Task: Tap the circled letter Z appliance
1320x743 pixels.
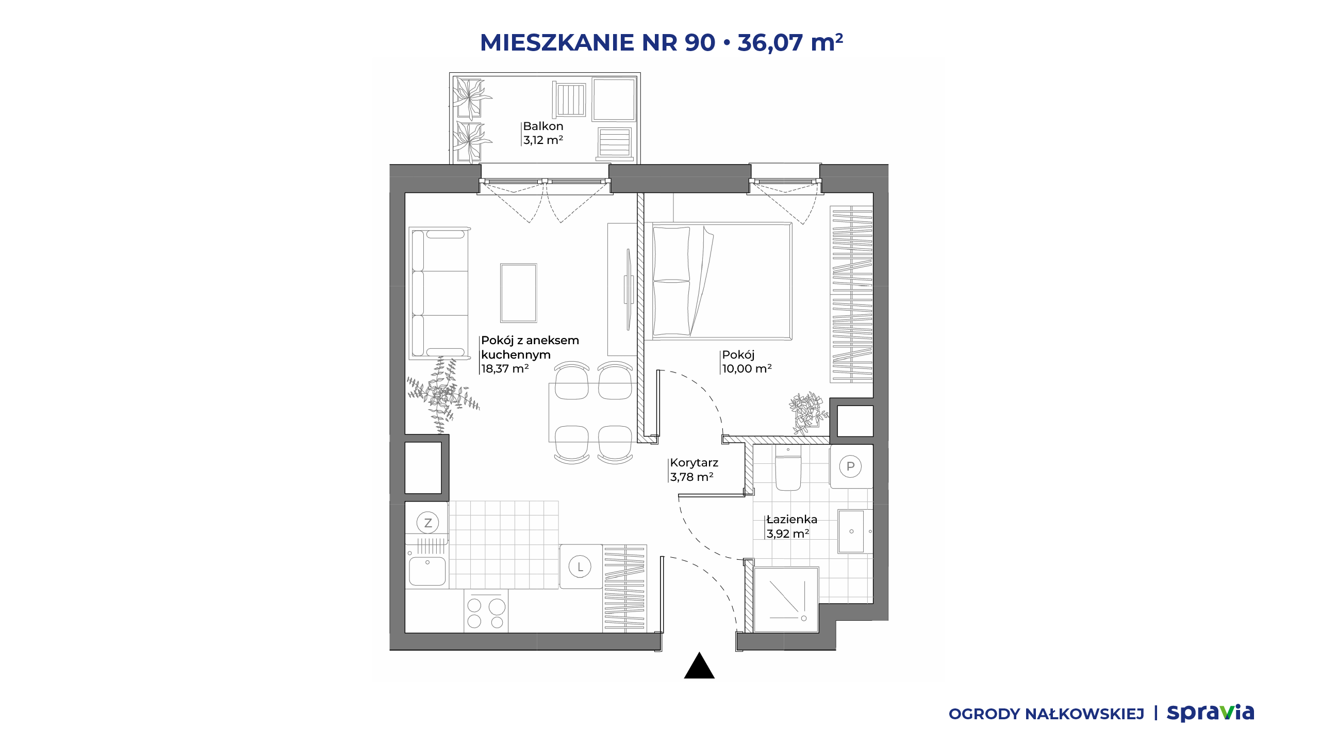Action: [x=427, y=523]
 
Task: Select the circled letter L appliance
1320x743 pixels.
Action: [x=580, y=567]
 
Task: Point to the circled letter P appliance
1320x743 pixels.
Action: [x=850, y=466]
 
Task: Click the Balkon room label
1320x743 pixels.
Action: [x=543, y=126]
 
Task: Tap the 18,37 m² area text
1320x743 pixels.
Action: [x=505, y=369]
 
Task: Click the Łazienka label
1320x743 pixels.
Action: [x=792, y=520]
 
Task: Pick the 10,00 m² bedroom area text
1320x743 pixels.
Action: [x=747, y=369]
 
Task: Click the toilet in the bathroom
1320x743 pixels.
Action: [x=788, y=469]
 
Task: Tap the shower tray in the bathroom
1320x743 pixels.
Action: [x=786, y=600]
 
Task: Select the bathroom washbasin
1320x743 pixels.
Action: [x=851, y=531]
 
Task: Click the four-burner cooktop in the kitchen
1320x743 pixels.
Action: [x=486, y=612]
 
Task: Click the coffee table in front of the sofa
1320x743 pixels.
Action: [x=518, y=293]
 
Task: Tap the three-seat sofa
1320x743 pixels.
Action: [x=439, y=293]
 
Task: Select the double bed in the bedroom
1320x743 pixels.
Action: [x=718, y=281]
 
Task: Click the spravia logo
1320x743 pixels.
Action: [x=1210, y=713]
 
